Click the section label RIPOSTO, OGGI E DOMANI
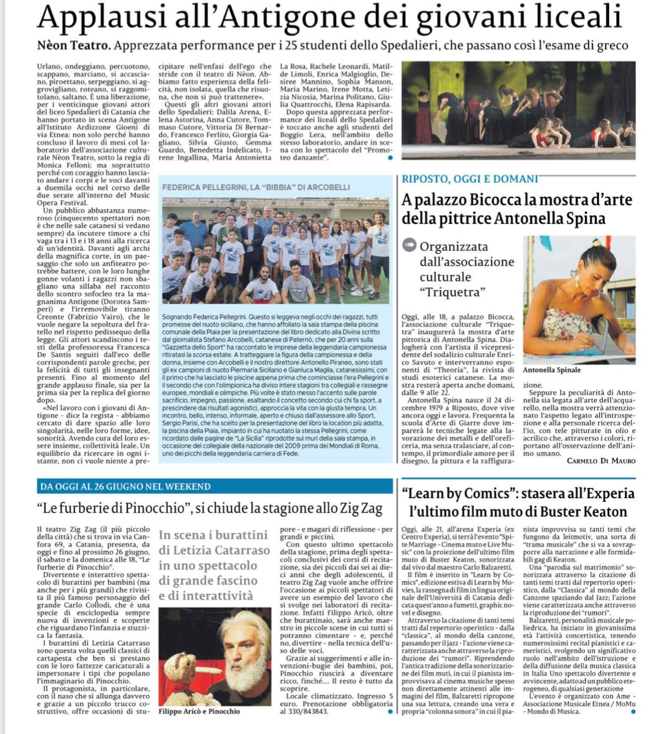[470, 179]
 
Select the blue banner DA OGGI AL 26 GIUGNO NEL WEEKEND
[125, 486]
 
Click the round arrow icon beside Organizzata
[408, 245]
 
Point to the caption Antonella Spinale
[551, 370]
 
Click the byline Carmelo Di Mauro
[601, 461]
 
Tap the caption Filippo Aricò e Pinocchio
[199, 711]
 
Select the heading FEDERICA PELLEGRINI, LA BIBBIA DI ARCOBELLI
[256, 187]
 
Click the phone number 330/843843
[308, 711]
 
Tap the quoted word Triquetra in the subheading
[452, 292]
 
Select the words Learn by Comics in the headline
[456, 493]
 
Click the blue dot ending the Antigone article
[390, 158]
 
